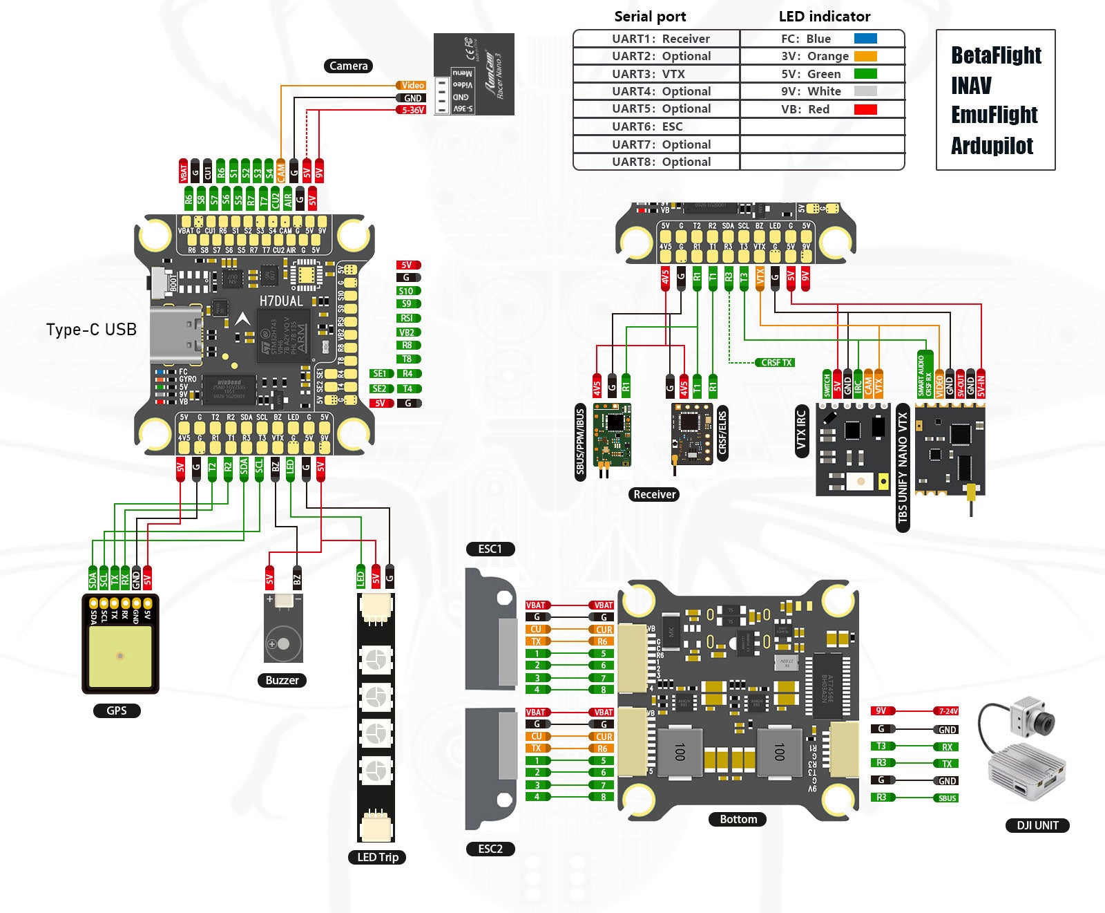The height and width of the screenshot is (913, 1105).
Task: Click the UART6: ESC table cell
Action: [656, 126]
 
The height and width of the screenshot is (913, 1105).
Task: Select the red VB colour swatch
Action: [865, 109]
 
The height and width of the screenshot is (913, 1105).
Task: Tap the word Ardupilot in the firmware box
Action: [992, 146]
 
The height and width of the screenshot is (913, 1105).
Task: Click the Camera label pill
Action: [348, 66]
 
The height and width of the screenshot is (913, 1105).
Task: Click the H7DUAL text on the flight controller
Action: [280, 301]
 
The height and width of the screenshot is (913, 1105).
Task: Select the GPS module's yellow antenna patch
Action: [120, 657]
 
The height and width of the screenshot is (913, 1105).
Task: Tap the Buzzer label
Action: [282, 680]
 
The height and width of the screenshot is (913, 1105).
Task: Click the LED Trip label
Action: [377, 857]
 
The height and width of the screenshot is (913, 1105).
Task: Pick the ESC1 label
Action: [490, 549]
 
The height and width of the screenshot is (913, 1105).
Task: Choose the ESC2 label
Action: [490, 848]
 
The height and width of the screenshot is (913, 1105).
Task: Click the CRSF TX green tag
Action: [776, 362]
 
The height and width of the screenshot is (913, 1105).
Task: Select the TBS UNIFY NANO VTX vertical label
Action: [902, 470]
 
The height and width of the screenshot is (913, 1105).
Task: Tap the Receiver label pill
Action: [654, 494]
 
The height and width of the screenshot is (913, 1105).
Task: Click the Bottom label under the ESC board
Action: [738, 819]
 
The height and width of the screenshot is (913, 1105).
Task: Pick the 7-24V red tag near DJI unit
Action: [947, 711]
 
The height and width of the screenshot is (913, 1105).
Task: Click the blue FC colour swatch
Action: [865, 39]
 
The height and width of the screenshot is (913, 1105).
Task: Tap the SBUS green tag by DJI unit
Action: [947, 798]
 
